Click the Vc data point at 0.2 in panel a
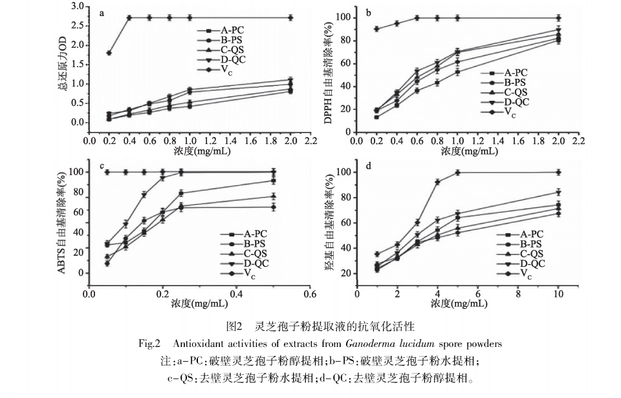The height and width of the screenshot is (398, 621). click(x=109, y=53)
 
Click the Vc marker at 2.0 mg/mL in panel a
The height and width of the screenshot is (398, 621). click(x=290, y=17)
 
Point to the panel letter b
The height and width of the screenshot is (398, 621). click(x=369, y=12)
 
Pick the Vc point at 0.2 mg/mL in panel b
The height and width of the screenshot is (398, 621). click(x=376, y=28)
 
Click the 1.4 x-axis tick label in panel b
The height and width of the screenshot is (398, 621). click(x=498, y=141)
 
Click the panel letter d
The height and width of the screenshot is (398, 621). click(x=369, y=165)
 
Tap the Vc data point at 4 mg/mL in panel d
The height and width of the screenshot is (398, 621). click(x=438, y=182)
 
